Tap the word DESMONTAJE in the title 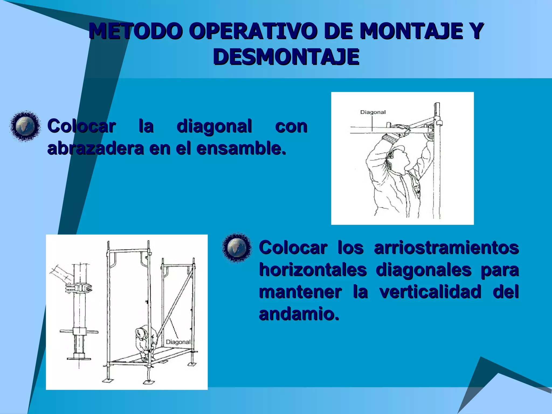coord(286,57)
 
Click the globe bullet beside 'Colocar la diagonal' coord(25,126)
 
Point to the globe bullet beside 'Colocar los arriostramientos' coord(237,247)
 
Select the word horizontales coord(313,270)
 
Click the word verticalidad coord(430,292)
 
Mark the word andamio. coord(299,314)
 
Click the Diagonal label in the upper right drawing coord(373,112)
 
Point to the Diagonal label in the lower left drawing coord(178,342)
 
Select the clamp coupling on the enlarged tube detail coord(79,288)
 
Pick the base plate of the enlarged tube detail coord(79,358)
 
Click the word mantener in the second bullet coord(300,292)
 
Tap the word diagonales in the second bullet coord(423,270)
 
